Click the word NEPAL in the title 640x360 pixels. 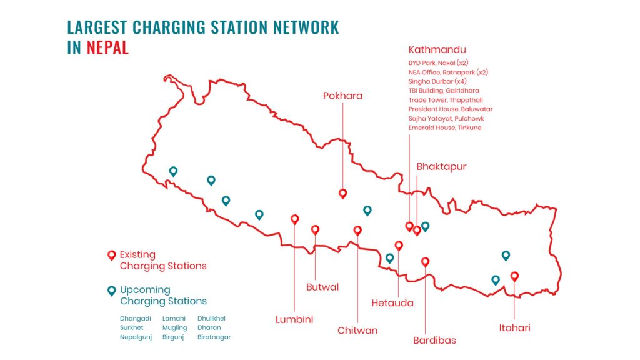click(107, 47)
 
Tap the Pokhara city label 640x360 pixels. click(342, 96)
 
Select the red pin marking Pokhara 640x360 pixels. click(342, 194)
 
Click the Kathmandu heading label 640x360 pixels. click(437, 49)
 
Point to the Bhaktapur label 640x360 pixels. click(441, 167)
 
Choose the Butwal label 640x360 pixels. click(322, 287)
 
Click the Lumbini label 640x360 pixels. click(294, 319)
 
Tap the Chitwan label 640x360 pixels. click(357, 330)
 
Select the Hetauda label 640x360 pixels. click(392, 303)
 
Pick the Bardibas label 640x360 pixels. click(434, 341)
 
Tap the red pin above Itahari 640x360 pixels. click(514, 276)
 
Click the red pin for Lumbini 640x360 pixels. click(294, 219)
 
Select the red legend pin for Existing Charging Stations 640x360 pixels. click(111, 255)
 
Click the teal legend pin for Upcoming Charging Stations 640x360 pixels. click(111, 290)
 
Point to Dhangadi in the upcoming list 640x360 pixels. click(136, 318)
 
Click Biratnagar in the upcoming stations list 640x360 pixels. click(214, 337)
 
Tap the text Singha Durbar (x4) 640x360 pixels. click(437, 81)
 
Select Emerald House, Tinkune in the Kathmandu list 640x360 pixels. click(445, 127)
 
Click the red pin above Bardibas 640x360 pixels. click(426, 262)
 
